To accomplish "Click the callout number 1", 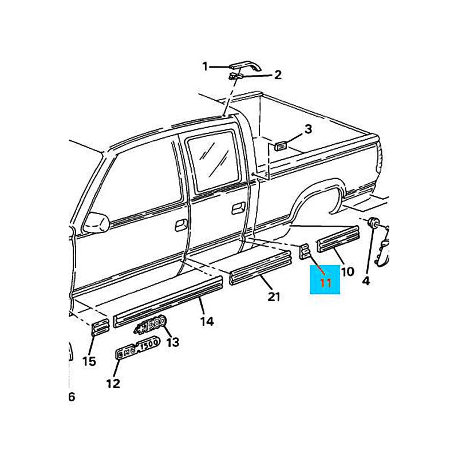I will (x=206, y=67).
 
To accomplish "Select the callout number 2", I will (x=278, y=74).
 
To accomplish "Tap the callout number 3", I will (x=308, y=129).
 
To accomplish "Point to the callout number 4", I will (x=366, y=281).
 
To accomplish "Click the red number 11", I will (x=325, y=283).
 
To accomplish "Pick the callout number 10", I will (x=348, y=271).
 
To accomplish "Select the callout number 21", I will (x=274, y=297).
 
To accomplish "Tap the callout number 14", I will (x=207, y=322).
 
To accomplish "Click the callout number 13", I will (x=172, y=342).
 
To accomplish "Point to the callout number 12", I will (x=113, y=383).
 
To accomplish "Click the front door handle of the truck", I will (x=180, y=224).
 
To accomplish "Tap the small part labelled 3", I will (x=281, y=146).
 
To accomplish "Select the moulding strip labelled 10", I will (x=338, y=238).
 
